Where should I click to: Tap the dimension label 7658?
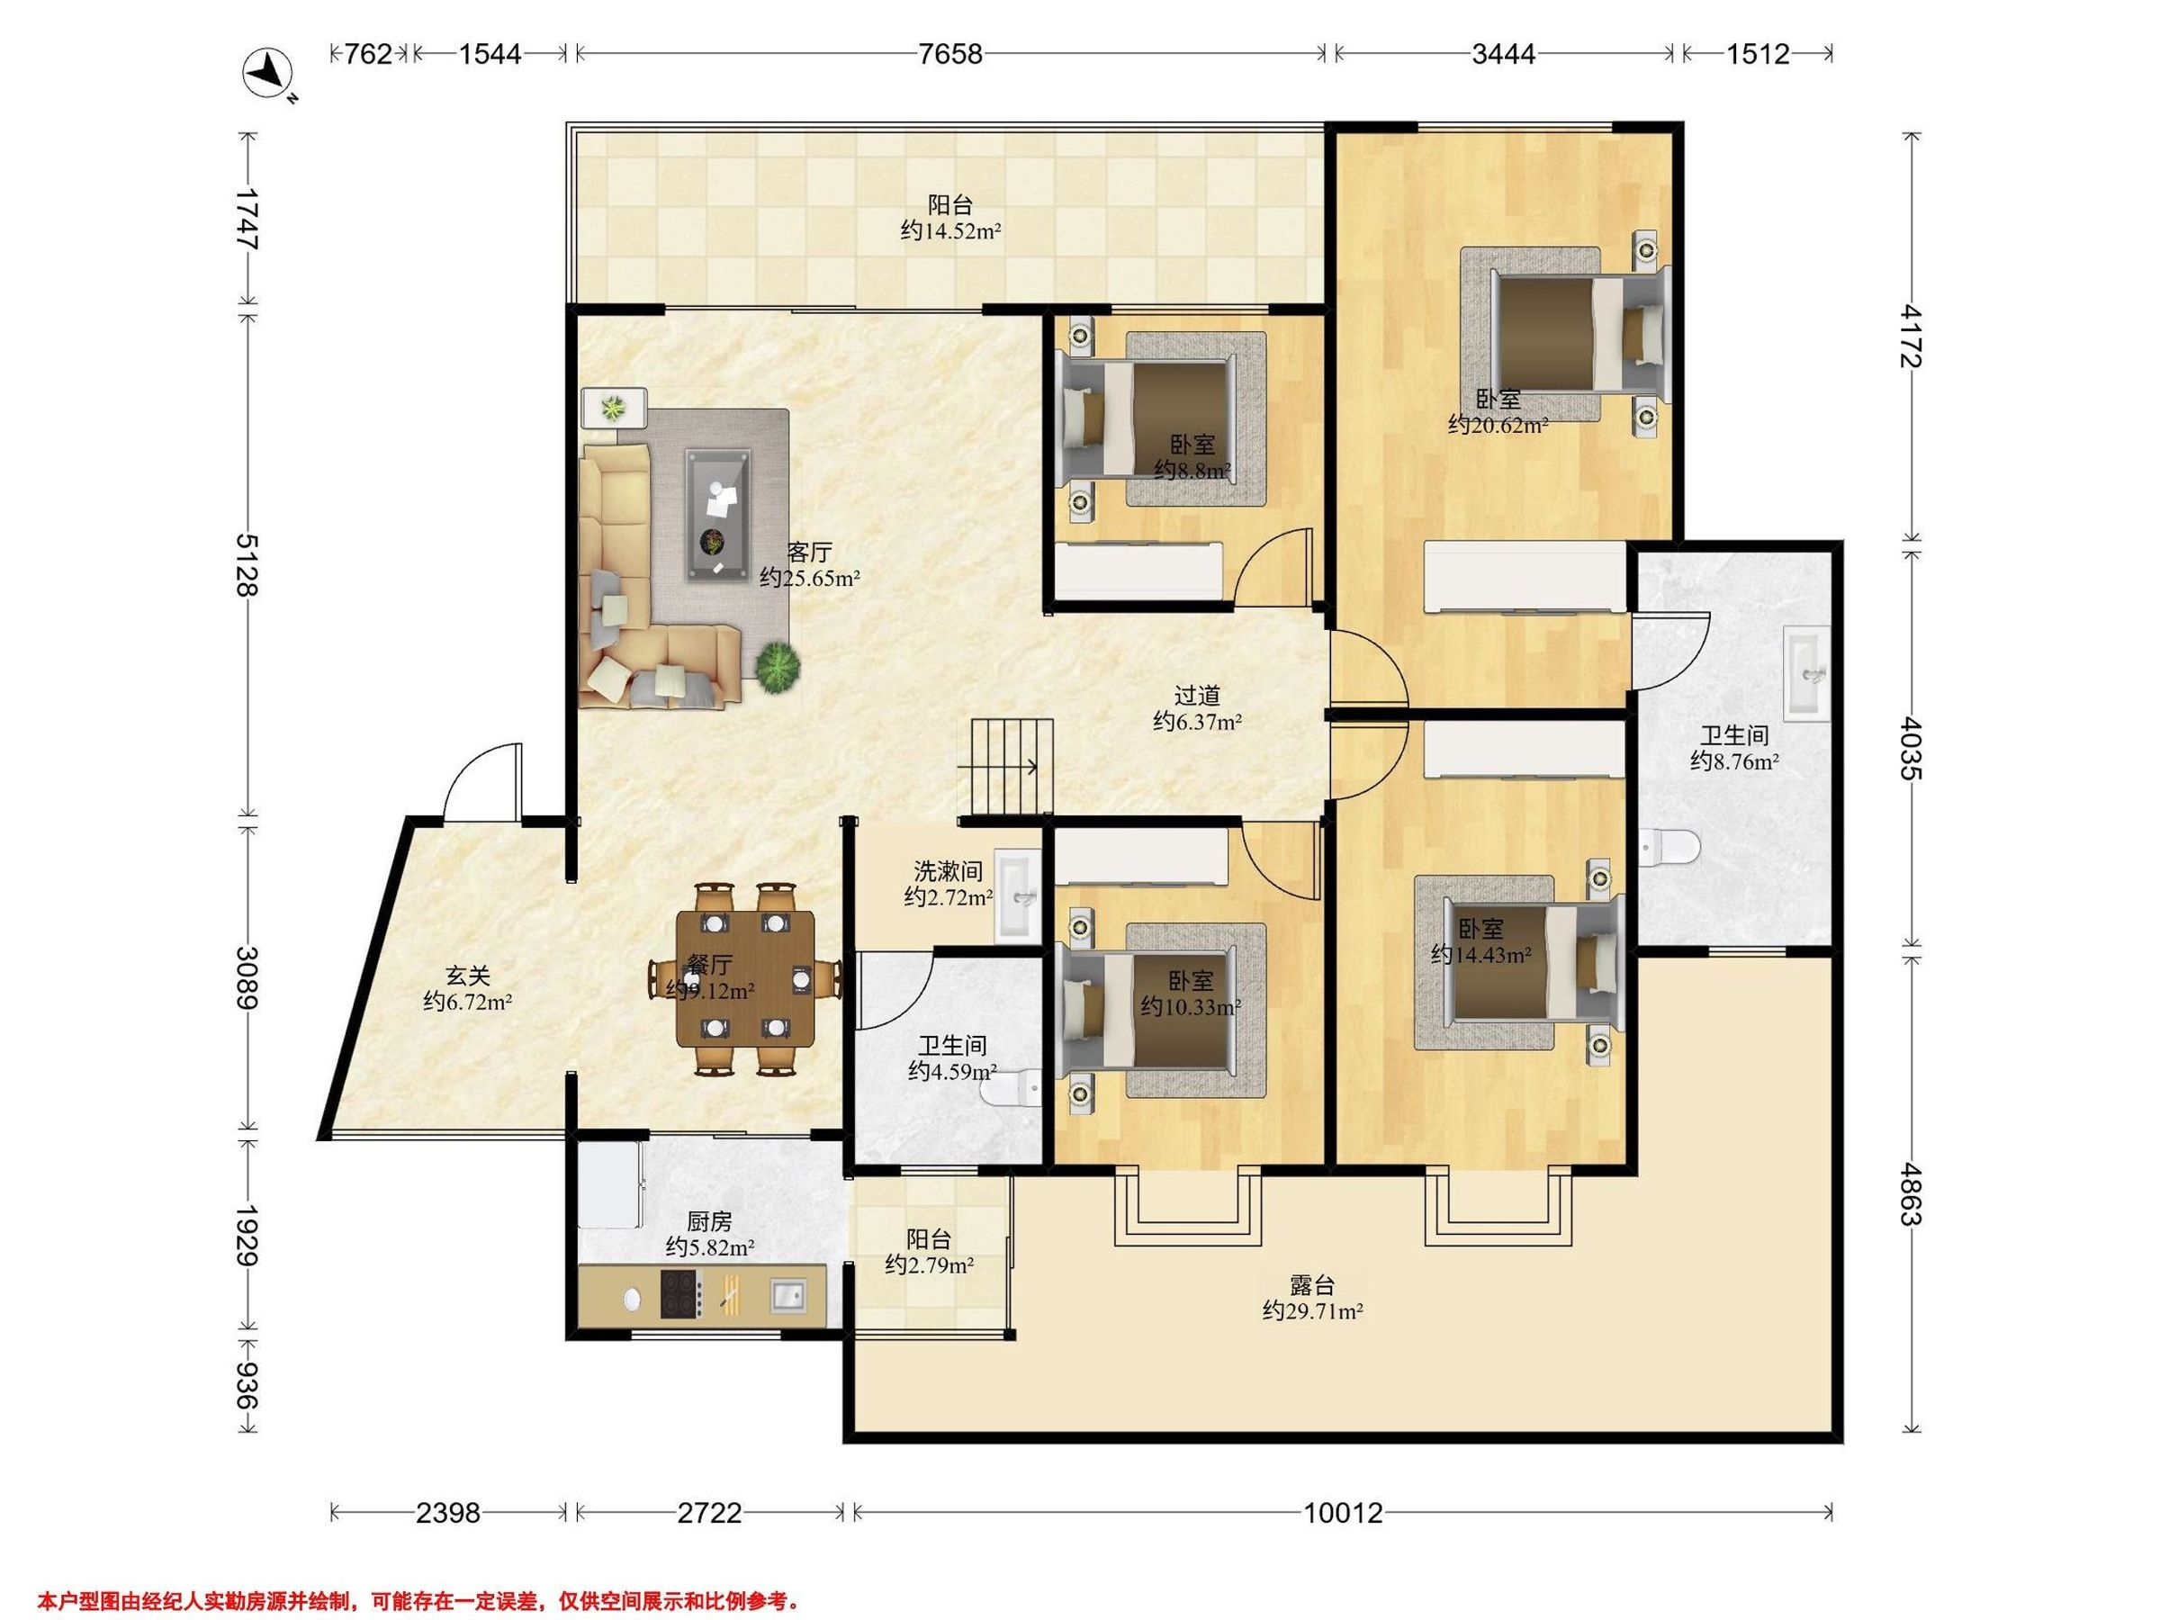[950, 54]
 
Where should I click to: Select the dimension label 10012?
[1344, 1513]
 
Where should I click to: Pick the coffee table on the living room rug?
[719, 515]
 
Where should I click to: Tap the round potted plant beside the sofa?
[778, 668]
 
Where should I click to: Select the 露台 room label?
[1311, 1285]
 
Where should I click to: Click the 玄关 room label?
[468, 975]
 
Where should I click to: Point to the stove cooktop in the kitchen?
[680, 1294]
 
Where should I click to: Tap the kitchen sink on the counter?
[787, 1296]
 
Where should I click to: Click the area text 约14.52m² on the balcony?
[950, 231]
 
